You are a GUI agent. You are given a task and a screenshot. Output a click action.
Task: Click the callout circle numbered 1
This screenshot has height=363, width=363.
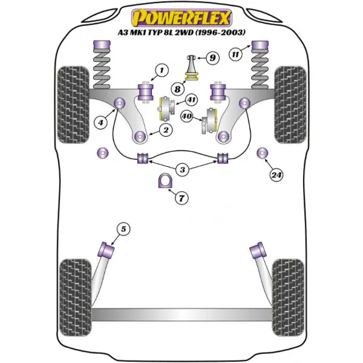[160, 73]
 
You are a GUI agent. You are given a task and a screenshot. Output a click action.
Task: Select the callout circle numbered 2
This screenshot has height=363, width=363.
[164, 129]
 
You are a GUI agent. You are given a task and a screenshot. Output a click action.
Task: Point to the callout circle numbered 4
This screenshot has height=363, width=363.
[102, 123]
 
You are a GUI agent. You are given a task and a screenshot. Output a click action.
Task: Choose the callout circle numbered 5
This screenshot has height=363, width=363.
[123, 229]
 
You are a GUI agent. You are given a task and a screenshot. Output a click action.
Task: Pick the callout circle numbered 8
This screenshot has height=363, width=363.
[177, 88]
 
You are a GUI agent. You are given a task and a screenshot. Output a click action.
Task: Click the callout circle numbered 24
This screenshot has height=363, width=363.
[276, 176]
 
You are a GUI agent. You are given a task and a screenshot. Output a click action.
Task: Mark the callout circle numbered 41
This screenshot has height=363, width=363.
[191, 100]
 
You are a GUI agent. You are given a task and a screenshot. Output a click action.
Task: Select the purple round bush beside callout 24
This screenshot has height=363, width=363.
[263, 153]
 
